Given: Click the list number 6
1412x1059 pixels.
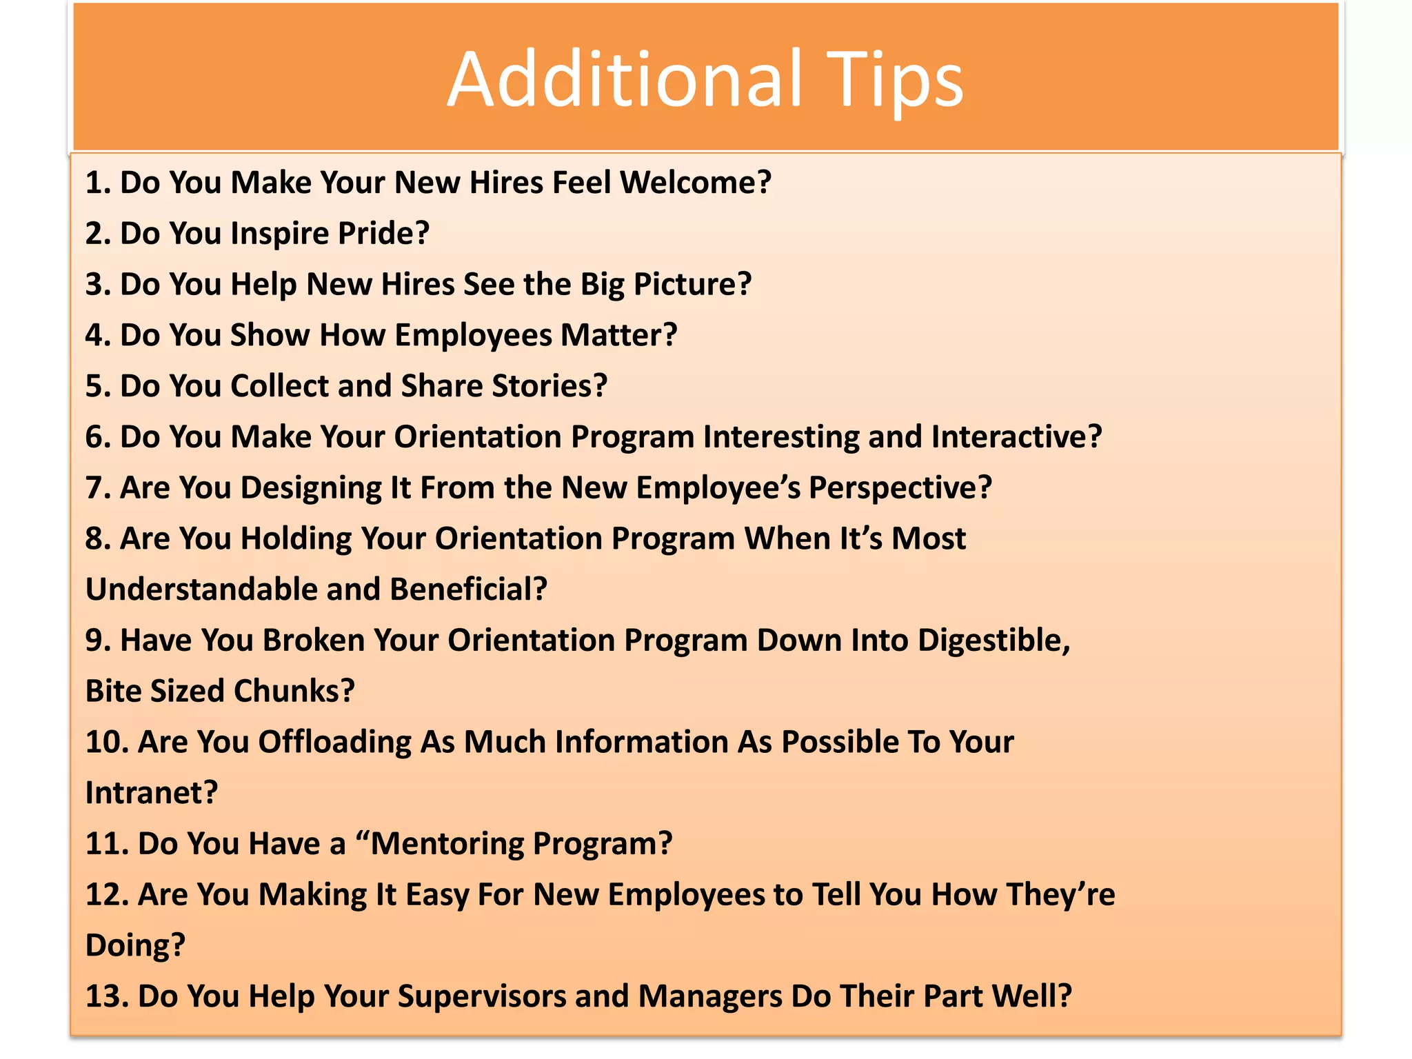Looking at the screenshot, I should (97, 437).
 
